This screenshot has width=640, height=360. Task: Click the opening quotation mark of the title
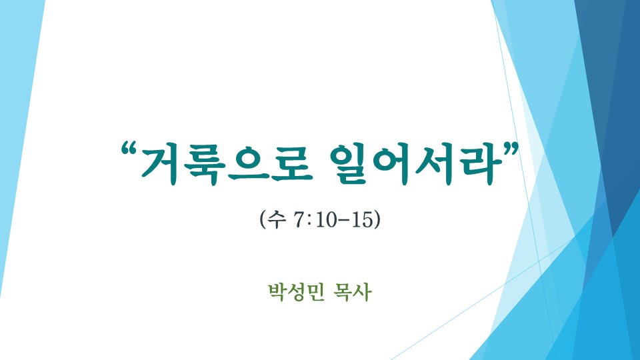[x=128, y=149]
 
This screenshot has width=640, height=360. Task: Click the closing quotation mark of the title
[x=511, y=149]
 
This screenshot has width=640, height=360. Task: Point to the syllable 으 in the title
[x=249, y=163]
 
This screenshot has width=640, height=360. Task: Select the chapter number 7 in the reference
[x=299, y=220]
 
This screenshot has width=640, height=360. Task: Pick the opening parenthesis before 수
[x=263, y=220]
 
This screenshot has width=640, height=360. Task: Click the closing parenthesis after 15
[x=377, y=220]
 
